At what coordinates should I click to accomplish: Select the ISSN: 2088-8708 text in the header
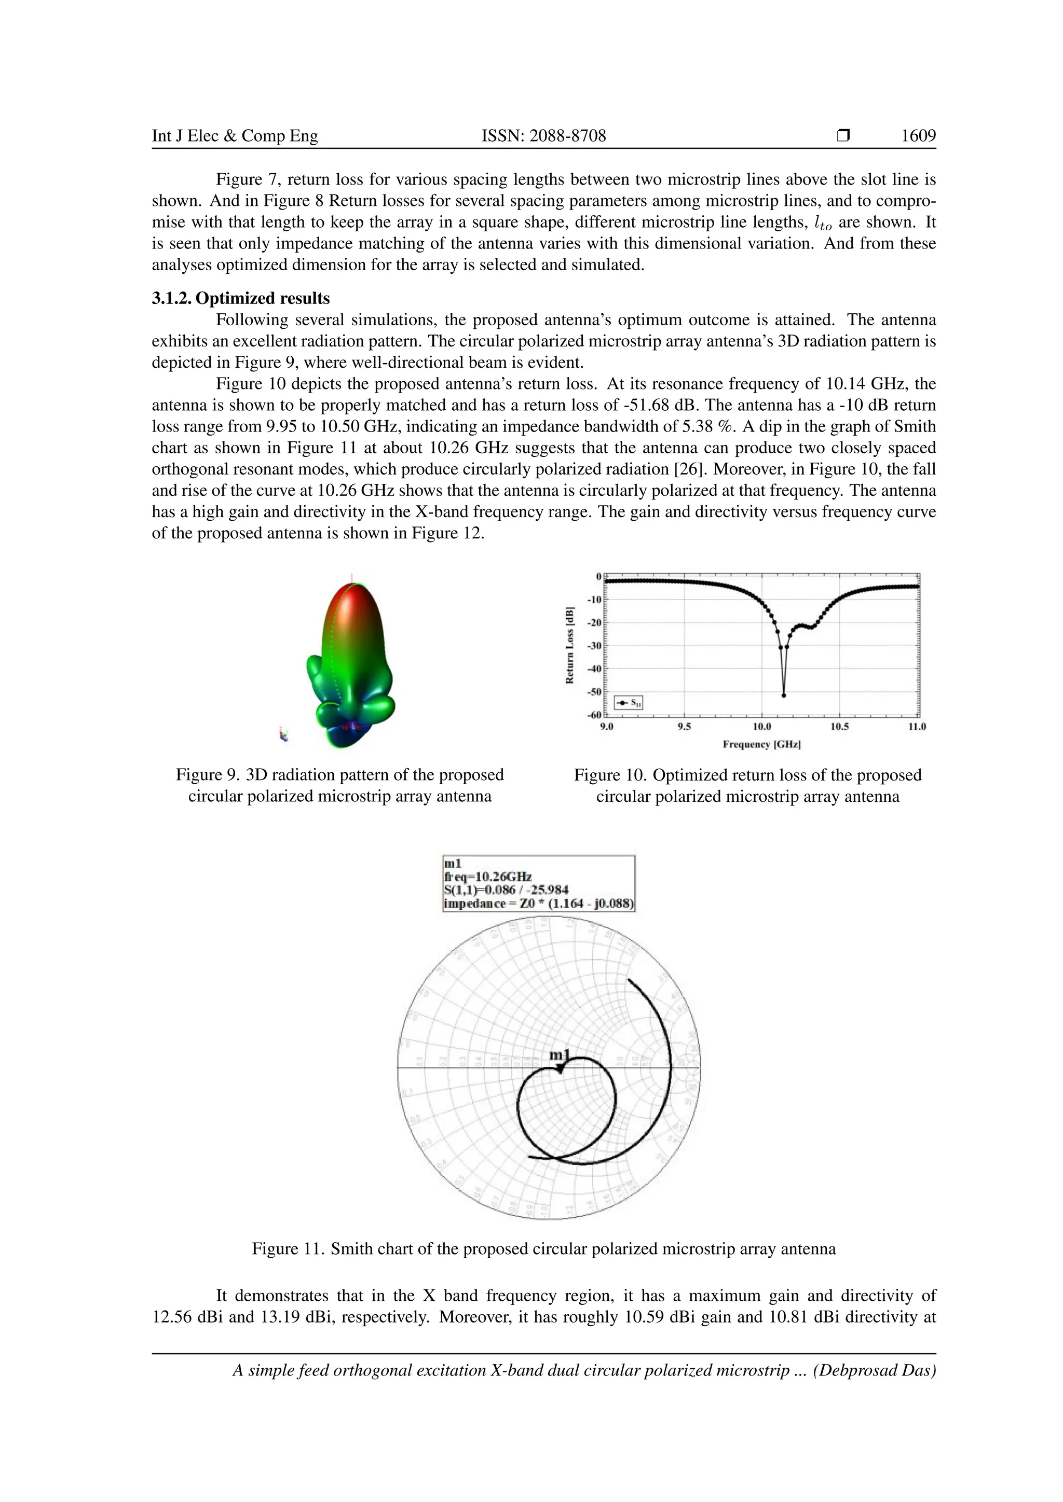pyautogui.click(x=543, y=136)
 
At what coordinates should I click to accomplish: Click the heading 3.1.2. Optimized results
pyautogui.click(x=240, y=298)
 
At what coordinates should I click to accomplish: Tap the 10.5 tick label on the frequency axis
pyautogui.click(x=839, y=727)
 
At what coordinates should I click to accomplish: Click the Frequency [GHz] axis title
pyautogui.click(x=761, y=744)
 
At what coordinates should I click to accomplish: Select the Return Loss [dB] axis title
pyautogui.click(x=569, y=645)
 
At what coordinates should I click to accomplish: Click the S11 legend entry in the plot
pyautogui.click(x=629, y=703)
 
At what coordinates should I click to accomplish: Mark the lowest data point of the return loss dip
pyautogui.click(x=784, y=696)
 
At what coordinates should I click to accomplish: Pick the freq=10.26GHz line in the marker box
pyautogui.click(x=488, y=877)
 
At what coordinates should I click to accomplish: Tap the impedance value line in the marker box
pyautogui.click(x=538, y=904)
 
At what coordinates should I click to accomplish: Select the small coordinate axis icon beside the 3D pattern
pyautogui.click(x=283, y=734)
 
